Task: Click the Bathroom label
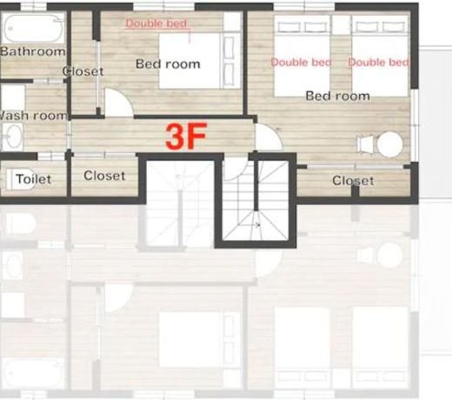click(x=32, y=51)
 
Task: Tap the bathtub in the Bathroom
click(x=33, y=29)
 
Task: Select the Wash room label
click(x=33, y=116)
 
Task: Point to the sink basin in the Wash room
click(x=12, y=136)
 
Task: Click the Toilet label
click(x=33, y=179)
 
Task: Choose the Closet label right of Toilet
click(x=104, y=176)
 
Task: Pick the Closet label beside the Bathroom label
click(x=83, y=71)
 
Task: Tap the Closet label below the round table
click(x=353, y=181)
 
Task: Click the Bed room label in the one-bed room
click(x=168, y=64)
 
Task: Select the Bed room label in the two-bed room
click(x=338, y=96)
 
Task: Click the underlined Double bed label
click(x=156, y=23)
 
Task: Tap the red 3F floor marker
click(x=186, y=136)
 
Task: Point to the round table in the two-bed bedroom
click(x=389, y=144)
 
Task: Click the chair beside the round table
click(x=366, y=144)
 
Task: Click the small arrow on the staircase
click(x=254, y=224)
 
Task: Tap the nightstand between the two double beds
click(x=341, y=24)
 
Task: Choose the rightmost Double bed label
click(x=378, y=63)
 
